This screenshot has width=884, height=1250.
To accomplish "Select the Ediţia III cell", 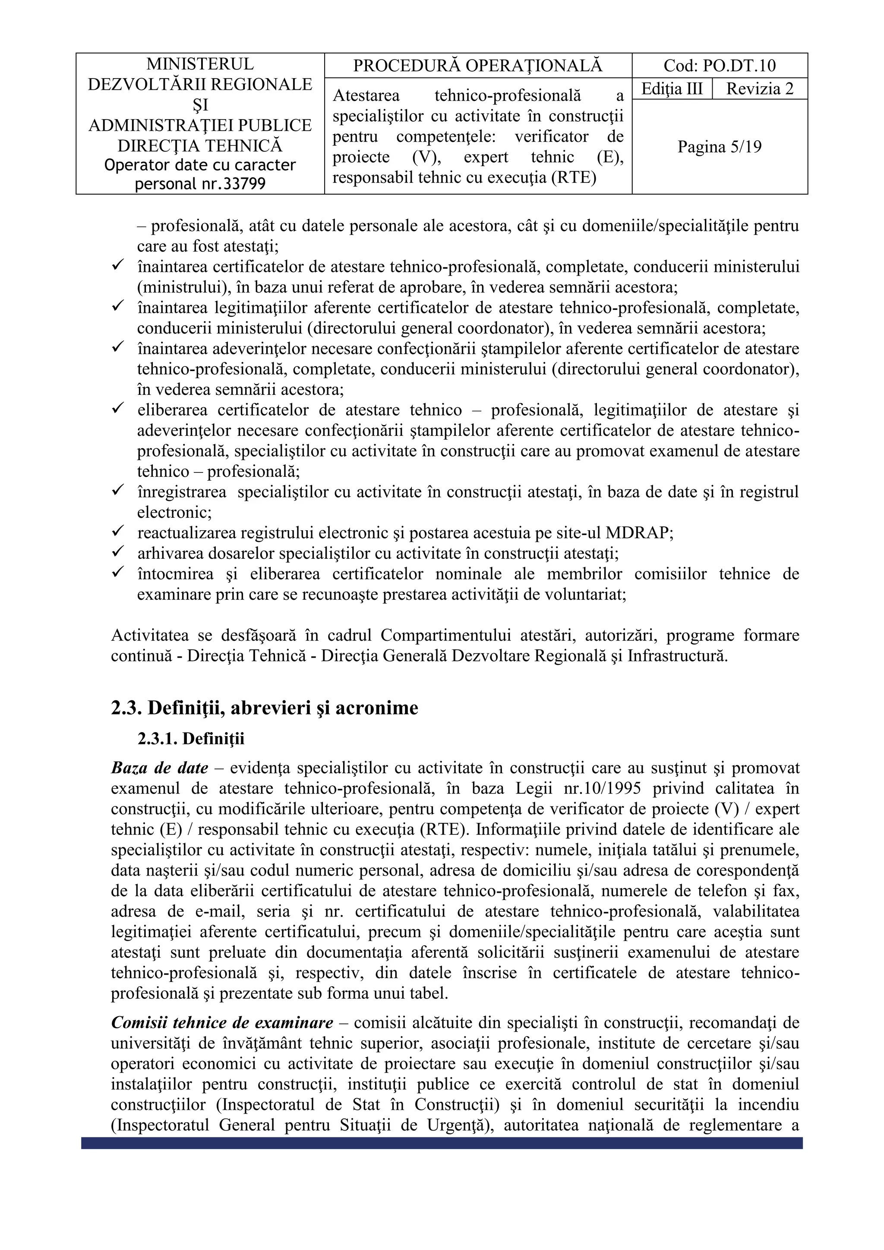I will tap(672, 89).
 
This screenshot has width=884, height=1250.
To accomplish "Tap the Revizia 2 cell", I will tap(759, 89).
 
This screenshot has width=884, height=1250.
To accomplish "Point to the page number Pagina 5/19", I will tap(719, 147).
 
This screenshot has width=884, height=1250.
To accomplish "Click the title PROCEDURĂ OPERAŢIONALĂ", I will tap(478, 66).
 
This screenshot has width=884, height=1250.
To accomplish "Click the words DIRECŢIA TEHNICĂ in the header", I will tap(200, 146).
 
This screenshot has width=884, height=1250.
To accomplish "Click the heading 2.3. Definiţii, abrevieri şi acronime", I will tap(265, 708).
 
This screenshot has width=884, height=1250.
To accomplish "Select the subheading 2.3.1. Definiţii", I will tap(191, 739).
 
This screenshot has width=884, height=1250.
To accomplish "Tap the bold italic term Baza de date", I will tap(160, 768).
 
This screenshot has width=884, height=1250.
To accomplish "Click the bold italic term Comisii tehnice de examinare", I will tap(222, 1023).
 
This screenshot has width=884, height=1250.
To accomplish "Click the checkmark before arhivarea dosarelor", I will tap(118, 552).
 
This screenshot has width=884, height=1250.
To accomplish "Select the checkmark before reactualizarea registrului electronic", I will tap(118, 531).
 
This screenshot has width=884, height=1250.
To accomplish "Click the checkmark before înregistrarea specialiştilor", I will tap(118, 491).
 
